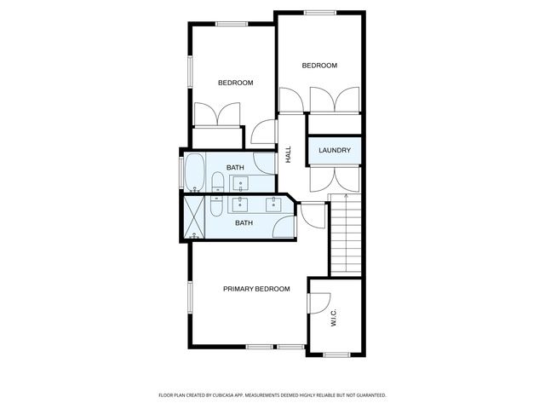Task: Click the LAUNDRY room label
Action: pos(335,151)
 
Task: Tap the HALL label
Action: pos(289,154)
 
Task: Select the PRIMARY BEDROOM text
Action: pos(256,289)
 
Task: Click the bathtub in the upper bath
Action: pos(193,172)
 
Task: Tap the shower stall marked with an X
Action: pos(195,217)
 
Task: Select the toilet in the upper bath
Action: pos(217,182)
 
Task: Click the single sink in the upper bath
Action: pos(240,181)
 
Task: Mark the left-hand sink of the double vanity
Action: pos(241,204)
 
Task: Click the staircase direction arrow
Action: pos(346,198)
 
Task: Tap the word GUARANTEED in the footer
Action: pos(368,395)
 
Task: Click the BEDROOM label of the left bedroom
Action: pos(235,83)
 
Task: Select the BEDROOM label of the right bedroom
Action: pos(320,66)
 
